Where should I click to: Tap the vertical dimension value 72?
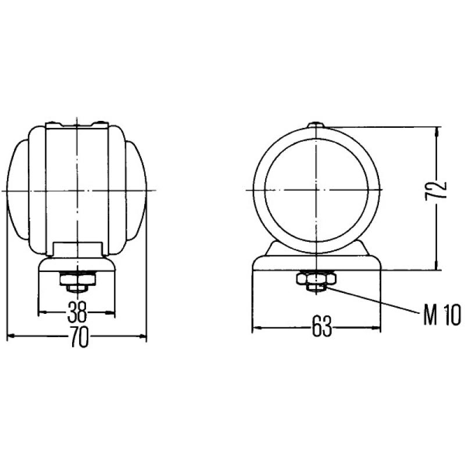(x=439, y=191)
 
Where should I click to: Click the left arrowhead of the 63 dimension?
(x=255, y=328)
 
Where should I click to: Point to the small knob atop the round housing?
(x=317, y=123)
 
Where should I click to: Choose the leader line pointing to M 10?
(x=372, y=298)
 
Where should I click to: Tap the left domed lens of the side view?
(x=17, y=191)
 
